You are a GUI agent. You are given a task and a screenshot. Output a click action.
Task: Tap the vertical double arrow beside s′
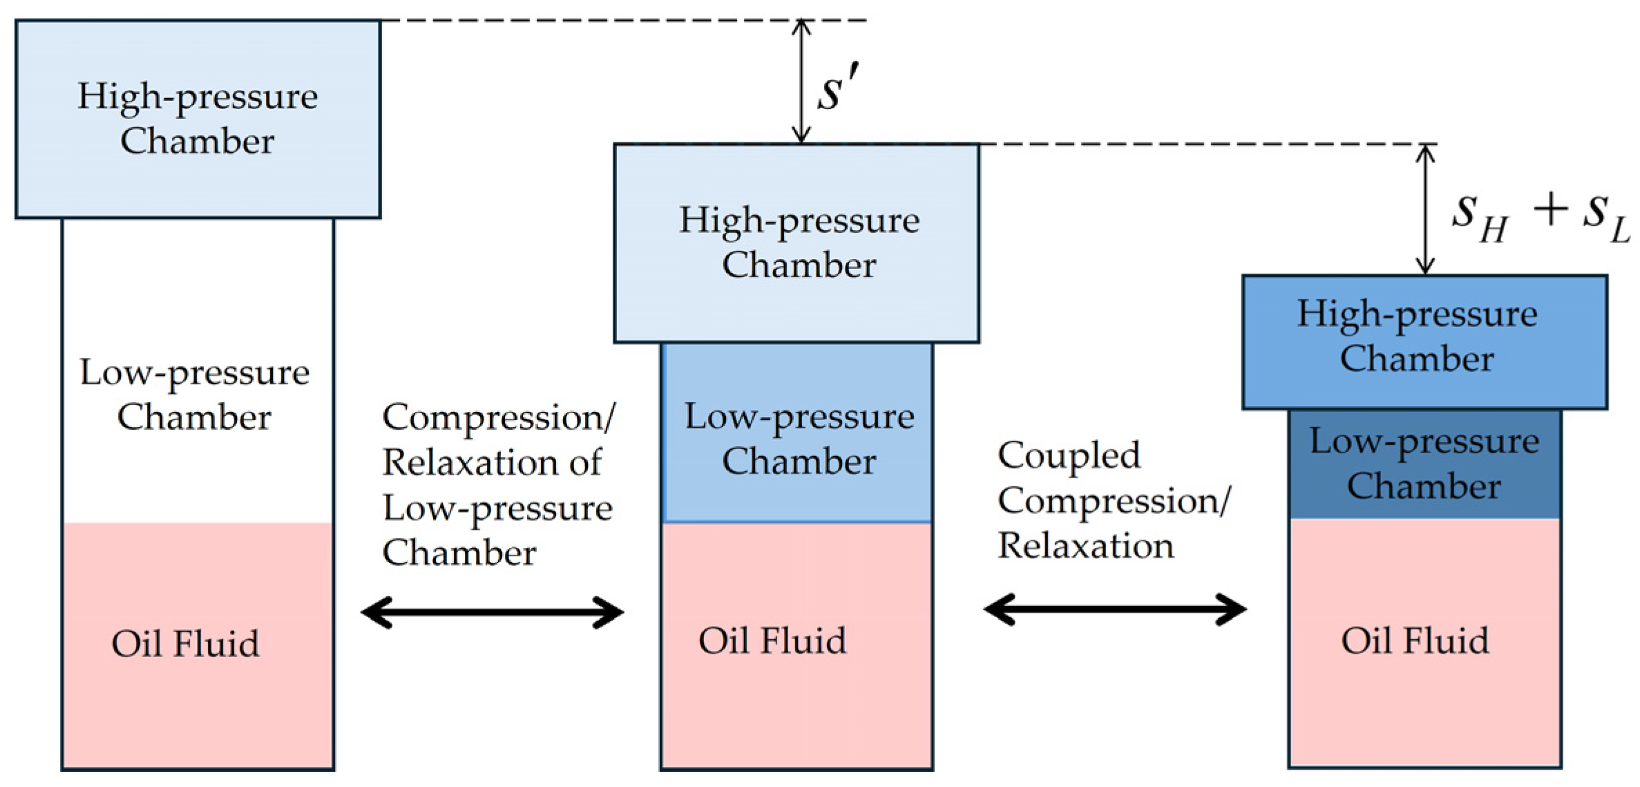click(x=801, y=82)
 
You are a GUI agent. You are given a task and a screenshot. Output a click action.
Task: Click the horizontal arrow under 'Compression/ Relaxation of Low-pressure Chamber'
click(x=492, y=612)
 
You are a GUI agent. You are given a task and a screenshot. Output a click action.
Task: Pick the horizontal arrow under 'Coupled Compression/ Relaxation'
click(x=1114, y=609)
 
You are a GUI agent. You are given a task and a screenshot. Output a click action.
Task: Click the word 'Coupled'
click(x=1068, y=456)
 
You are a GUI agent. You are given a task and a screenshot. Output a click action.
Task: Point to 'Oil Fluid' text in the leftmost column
click(x=185, y=644)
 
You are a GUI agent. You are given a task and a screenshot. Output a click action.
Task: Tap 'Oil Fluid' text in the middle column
click(x=772, y=641)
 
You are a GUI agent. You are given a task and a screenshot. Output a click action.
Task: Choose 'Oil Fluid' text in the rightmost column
click(x=1414, y=641)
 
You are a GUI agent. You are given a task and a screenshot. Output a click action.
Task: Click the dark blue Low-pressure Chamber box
click(x=1424, y=464)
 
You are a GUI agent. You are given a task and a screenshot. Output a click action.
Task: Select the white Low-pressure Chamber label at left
click(x=194, y=395)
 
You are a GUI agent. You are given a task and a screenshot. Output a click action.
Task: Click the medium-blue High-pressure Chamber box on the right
click(x=1424, y=341)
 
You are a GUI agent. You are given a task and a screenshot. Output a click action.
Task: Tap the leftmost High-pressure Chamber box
click(x=198, y=119)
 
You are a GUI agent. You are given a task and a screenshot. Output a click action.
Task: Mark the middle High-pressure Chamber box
click(x=796, y=243)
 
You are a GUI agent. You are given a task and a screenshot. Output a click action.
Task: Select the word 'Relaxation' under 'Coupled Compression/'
click(x=1085, y=547)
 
